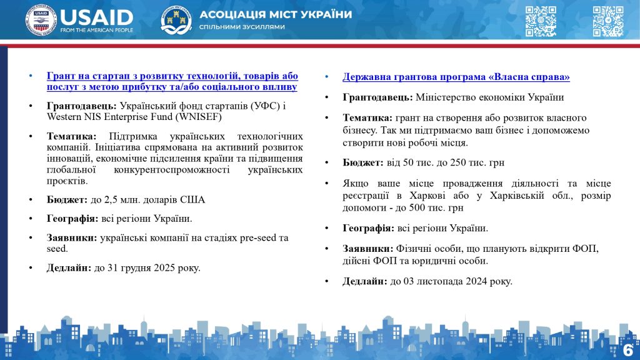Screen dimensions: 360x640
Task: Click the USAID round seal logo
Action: tap(41, 20)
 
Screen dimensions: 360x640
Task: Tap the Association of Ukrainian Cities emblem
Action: tap(176, 20)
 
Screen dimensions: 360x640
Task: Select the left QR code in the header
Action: tap(540, 21)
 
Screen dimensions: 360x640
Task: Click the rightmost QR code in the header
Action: tap(607, 21)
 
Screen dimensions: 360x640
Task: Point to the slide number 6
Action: tap(627, 349)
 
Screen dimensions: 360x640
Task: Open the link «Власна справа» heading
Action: tap(456, 77)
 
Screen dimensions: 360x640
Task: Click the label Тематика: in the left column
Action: tap(72, 136)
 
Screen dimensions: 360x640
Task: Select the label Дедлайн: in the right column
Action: tap(365, 281)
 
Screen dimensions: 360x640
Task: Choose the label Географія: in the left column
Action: tap(72, 219)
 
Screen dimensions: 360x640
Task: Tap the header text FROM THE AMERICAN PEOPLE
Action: tap(96, 29)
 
